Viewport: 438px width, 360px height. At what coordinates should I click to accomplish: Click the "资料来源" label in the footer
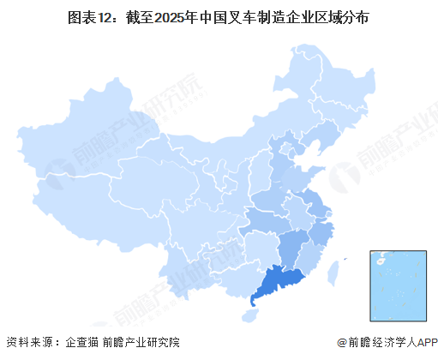coord(29,344)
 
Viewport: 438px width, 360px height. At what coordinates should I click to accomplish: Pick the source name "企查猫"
coord(82,344)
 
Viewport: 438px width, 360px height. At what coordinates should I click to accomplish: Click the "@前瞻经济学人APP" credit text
coord(385,344)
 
